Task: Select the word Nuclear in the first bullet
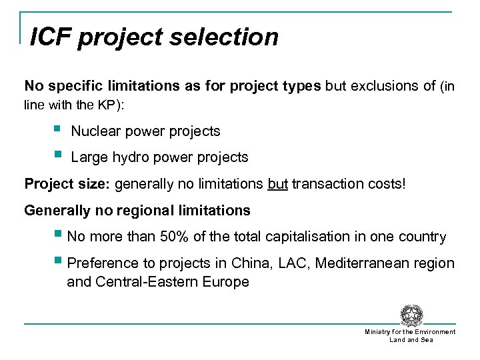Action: point(94,131)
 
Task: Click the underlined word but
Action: point(277,184)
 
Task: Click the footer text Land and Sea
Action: point(411,340)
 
